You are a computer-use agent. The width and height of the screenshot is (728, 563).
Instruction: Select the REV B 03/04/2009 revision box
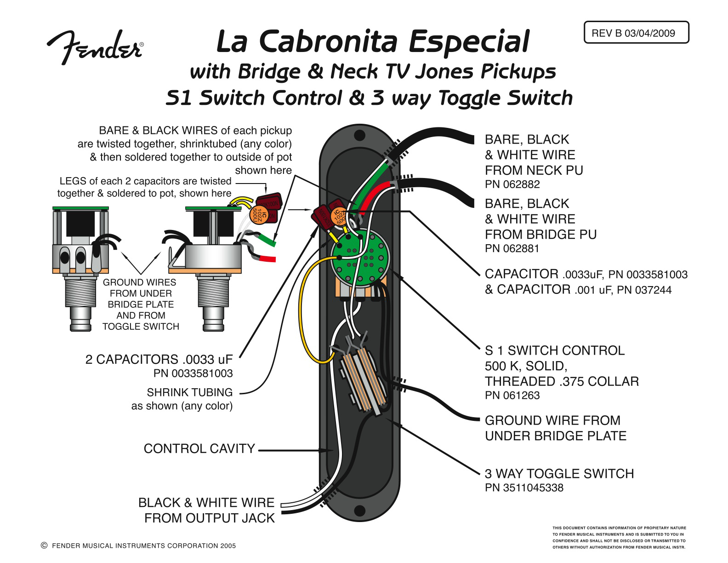coord(636,33)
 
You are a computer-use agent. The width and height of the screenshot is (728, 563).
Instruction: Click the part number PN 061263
coord(512,396)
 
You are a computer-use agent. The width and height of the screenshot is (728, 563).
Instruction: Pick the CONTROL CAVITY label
coord(199,449)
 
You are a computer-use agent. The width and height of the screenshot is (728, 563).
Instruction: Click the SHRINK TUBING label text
coord(189,393)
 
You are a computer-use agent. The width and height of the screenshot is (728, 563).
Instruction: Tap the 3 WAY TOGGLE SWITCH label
coord(559,474)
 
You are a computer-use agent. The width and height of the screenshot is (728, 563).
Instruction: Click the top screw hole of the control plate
coord(359,135)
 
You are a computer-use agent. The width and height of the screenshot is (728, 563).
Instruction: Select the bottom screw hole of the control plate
coord(359,510)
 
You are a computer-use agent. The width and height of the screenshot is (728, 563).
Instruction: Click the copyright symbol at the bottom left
coord(44,546)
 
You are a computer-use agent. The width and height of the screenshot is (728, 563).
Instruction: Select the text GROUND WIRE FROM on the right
coord(552,420)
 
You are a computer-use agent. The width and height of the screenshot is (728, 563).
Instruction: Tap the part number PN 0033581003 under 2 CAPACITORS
coord(193,373)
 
